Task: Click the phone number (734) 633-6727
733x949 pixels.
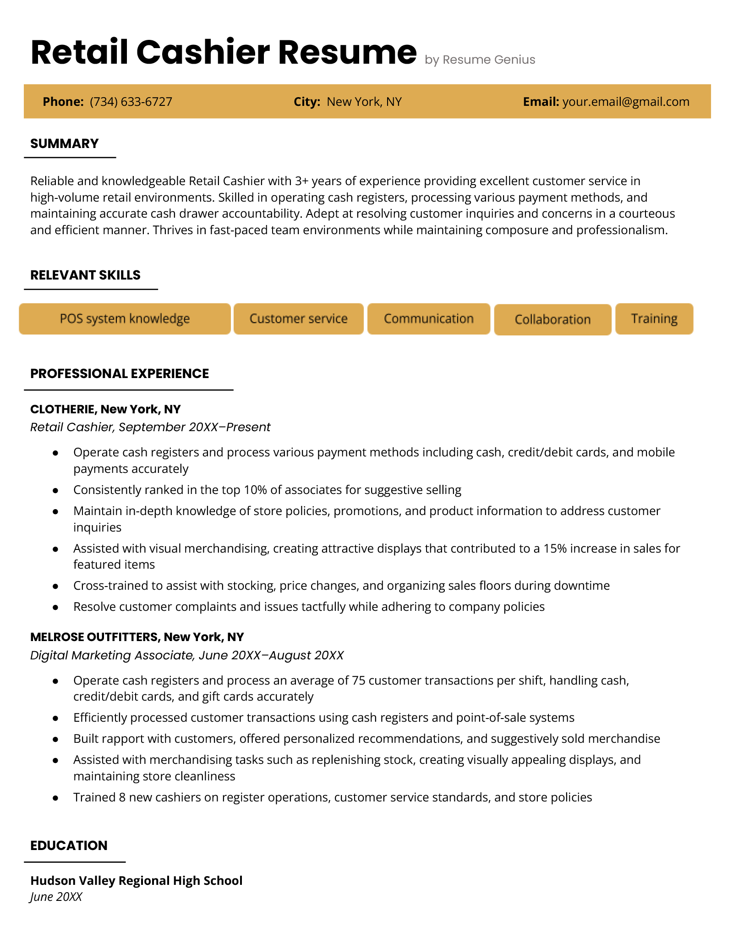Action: pos(131,102)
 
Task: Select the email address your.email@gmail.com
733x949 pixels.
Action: pos(626,102)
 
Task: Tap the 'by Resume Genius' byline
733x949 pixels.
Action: pos(480,60)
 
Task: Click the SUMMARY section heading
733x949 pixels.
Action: pos(65,143)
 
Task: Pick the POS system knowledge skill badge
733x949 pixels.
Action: pos(125,319)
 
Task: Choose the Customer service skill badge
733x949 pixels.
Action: pos(298,319)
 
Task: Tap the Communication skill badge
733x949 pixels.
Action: pos(428,319)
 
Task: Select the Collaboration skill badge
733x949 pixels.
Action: pos(552,320)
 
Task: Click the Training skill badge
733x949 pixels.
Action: pos(654,319)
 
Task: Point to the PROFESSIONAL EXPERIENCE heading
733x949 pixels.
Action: pos(120,373)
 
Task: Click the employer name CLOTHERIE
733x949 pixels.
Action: pos(63,409)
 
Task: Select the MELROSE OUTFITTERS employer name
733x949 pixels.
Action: pos(94,637)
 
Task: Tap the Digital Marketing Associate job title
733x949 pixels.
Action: pos(113,655)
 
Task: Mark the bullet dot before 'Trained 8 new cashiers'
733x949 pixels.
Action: pos(55,798)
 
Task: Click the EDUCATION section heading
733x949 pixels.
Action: pos(69,845)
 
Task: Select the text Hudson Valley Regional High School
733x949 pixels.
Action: pos(137,881)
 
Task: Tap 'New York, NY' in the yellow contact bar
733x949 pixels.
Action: pos(364,102)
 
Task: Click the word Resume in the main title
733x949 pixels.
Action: pos(347,52)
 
